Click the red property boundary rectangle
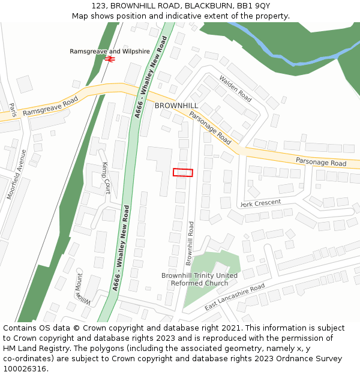[x=183, y=172]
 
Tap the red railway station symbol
[x=109, y=59]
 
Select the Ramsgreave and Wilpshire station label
[x=109, y=52]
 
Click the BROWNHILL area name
[x=176, y=106]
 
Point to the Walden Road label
[x=235, y=88]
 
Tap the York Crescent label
[x=260, y=203]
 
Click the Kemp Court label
[x=106, y=178]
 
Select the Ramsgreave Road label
[x=50, y=106]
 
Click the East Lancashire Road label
[x=235, y=298]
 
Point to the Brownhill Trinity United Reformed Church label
[x=199, y=280]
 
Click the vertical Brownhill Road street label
[x=190, y=243]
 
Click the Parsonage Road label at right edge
[x=321, y=162]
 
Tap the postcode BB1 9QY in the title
[x=254, y=6]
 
